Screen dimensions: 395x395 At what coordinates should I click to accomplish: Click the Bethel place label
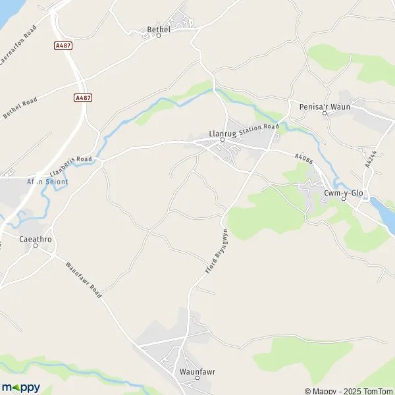(x=159, y=29)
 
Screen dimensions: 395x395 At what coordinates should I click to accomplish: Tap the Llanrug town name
(x=221, y=132)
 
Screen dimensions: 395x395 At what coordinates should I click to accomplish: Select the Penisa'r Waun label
(x=325, y=106)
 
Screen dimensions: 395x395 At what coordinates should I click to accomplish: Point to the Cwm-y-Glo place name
(x=343, y=192)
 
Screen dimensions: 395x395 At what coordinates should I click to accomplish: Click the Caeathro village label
(x=36, y=240)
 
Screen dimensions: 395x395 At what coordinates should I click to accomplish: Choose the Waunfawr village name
(x=197, y=371)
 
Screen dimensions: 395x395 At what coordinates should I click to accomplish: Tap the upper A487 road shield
(x=63, y=45)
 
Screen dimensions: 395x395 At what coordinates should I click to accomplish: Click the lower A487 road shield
(x=82, y=97)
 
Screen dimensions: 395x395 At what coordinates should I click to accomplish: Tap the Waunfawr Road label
(x=83, y=280)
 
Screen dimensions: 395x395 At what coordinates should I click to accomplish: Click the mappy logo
(x=20, y=387)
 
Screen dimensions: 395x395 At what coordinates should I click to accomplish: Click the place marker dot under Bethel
(x=159, y=36)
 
